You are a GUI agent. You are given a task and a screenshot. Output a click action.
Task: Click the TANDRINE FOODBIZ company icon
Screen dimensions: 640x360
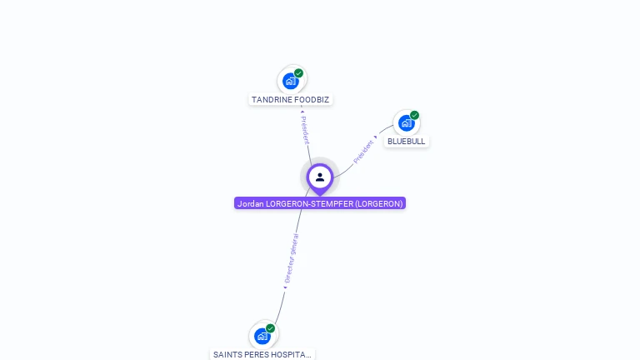(290, 81)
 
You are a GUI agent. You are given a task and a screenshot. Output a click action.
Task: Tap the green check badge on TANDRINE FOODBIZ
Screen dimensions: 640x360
(298, 73)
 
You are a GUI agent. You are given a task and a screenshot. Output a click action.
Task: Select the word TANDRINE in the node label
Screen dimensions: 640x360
(270, 100)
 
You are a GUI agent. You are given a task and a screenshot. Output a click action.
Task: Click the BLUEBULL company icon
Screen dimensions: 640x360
(406, 123)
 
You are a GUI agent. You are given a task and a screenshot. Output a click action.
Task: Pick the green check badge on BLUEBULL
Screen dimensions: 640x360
(414, 116)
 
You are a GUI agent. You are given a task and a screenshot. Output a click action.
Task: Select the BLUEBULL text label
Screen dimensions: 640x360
(407, 142)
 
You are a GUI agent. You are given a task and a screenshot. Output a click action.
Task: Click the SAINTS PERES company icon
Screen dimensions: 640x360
(262, 336)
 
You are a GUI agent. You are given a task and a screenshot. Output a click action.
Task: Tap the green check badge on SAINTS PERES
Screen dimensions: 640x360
(270, 328)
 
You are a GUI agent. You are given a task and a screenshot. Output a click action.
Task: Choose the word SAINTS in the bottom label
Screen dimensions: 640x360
(227, 354)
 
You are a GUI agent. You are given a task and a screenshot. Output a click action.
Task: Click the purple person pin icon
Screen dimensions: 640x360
(320, 177)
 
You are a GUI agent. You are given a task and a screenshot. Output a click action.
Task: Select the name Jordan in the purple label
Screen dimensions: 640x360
(250, 203)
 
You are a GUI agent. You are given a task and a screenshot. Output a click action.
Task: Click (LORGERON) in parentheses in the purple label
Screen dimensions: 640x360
(379, 203)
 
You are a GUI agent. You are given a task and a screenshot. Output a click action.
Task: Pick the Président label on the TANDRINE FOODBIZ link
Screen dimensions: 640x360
(305, 128)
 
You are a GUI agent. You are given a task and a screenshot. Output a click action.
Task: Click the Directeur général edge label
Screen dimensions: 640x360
(291, 258)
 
